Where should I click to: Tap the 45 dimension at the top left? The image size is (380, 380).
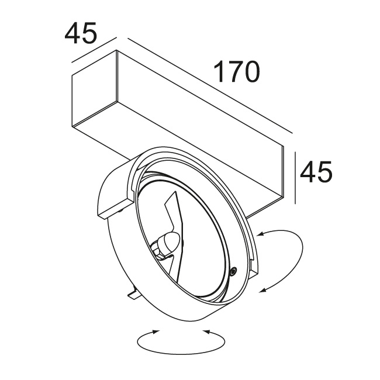tap(80, 33)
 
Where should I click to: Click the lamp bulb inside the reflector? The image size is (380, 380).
tap(168, 241)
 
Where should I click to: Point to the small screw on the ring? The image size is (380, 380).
tap(233, 271)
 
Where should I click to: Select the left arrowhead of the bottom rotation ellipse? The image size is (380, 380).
tap(154, 332)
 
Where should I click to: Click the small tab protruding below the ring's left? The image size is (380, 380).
tap(133, 293)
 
